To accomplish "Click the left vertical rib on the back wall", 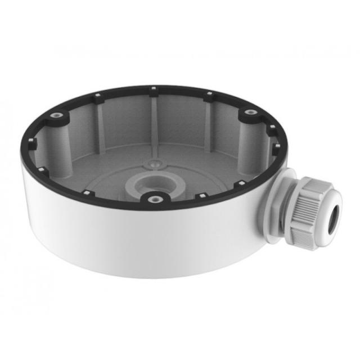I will click(99, 121).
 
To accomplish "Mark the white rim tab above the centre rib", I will click(152, 88).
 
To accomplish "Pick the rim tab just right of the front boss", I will click(201, 196).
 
